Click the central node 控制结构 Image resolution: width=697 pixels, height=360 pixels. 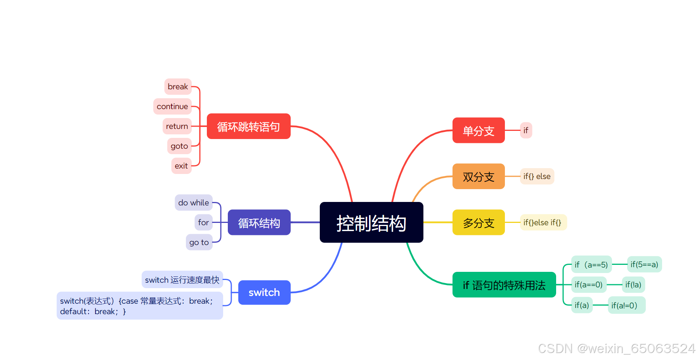tap(371, 223)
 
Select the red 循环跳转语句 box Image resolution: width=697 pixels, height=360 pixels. tap(248, 126)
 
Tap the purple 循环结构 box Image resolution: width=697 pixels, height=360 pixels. tap(259, 223)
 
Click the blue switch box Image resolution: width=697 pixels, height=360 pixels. tap(264, 292)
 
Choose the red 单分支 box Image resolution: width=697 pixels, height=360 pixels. tap(479, 130)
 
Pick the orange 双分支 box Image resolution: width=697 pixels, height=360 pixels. tap(479, 177)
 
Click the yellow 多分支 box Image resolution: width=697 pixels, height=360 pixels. tap(479, 223)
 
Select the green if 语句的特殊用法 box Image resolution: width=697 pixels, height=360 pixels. tap(504, 285)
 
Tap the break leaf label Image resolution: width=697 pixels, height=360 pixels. tap(178, 87)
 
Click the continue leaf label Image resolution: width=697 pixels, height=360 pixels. tap(172, 106)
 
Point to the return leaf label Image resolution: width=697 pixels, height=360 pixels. tap(177, 126)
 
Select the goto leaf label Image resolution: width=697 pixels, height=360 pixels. tap(179, 146)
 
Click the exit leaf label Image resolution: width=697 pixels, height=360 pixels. tap(181, 166)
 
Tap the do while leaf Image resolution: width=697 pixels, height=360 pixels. tap(193, 203)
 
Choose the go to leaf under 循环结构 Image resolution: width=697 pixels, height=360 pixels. tap(199, 242)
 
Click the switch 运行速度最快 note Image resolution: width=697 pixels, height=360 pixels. tap(182, 280)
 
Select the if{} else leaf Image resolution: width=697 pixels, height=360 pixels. tap(537, 176)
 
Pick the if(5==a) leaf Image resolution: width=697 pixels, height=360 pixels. tap(644, 264)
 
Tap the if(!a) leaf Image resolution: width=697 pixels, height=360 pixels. tap(633, 285)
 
